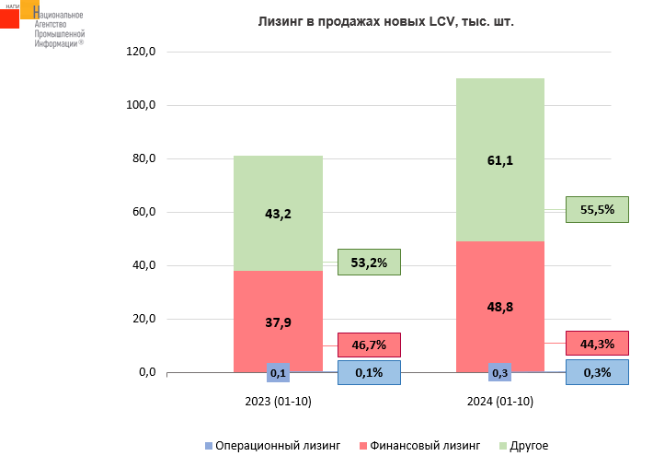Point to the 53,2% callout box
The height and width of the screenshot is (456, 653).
pyautogui.click(x=369, y=263)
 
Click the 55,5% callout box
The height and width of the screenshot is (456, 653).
pyautogui.click(x=597, y=210)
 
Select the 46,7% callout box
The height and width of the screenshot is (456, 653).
pyautogui.click(x=369, y=345)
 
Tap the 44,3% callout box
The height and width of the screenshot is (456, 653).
pyautogui.click(x=597, y=344)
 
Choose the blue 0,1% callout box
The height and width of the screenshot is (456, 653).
pyautogui.click(x=369, y=372)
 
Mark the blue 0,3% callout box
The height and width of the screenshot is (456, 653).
pyautogui.click(x=597, y=372)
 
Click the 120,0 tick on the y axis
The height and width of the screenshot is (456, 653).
pyautogui.click(x=142, y=52)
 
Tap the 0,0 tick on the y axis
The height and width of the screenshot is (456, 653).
pyautogui.click(x=147, y=372)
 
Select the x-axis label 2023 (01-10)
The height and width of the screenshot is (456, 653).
pyautogui.click(x=278, y=402)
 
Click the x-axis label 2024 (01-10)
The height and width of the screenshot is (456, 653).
pyautogui.click(x=499, y=402)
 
